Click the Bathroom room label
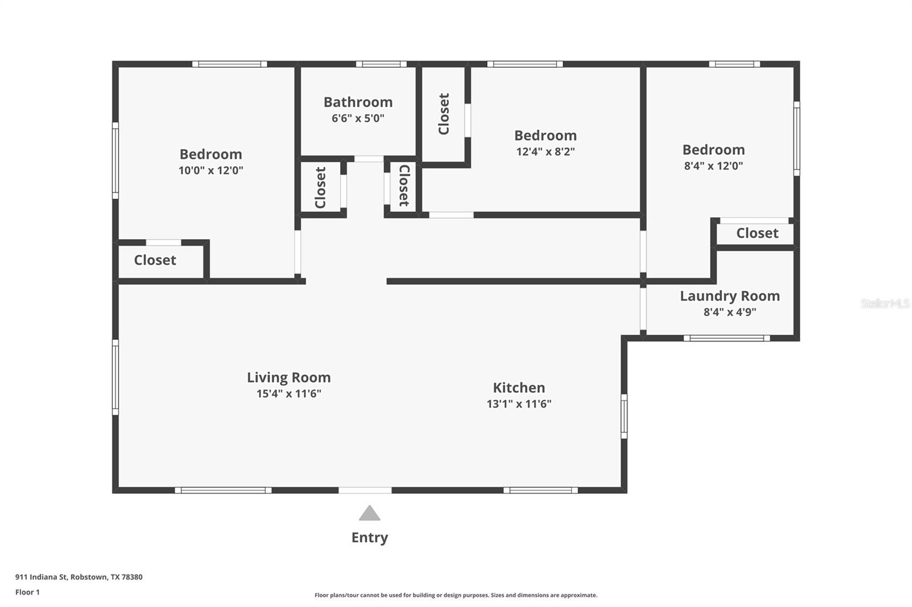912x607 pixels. (358, 102)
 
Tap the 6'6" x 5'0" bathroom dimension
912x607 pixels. (358, 118)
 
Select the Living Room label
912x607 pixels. (288, 378)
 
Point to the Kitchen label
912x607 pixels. (519, 388)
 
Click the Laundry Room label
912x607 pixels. (730, 296)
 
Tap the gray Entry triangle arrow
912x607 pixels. (369, 514)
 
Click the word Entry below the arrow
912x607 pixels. (369, 538)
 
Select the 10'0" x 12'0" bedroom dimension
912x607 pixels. (211, 170)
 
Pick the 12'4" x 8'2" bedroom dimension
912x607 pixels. (545, 151)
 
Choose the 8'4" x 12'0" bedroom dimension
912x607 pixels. (714, 166)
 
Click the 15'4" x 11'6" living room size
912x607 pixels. (288, 393)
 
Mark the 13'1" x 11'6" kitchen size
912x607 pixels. (519, 404)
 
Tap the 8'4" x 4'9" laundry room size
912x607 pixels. (730, 312)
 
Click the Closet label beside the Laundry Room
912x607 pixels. (757, 233)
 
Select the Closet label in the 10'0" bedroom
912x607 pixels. (155, 260)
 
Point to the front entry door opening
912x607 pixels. (365, 490)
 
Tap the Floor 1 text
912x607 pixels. (27, 592)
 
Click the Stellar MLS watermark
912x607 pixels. (885, 303)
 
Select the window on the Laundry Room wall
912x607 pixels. (726, 338)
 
